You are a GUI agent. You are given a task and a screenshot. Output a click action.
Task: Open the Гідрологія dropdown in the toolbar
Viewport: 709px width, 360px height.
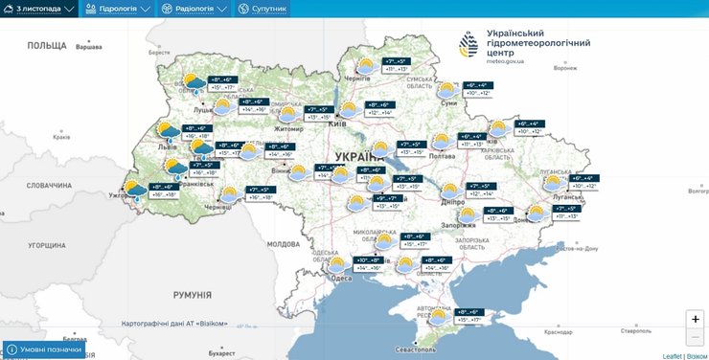[x=119, y=9]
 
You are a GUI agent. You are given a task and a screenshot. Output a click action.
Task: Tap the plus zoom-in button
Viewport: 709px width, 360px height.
[x=696, y=319]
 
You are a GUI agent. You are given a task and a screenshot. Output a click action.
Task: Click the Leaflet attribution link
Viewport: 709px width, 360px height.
[x=674, y=355]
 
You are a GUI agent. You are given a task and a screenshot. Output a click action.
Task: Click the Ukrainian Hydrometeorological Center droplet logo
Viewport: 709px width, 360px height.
[x=469, y=45]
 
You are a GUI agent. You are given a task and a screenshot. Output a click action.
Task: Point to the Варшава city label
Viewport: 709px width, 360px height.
[x=88, y=47]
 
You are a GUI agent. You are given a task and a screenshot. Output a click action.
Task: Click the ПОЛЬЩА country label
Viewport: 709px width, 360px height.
[x=46, y=45]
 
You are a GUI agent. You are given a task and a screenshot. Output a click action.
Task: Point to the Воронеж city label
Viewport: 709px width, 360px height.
[x=566, y=68]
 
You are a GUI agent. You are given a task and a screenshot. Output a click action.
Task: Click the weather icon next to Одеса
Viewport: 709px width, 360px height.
[x=336, y=264]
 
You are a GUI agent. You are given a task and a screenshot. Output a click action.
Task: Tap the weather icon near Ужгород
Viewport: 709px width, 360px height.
[x=135, y=190]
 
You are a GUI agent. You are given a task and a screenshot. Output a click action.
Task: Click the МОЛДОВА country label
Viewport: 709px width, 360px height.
[x=284, y=244]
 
